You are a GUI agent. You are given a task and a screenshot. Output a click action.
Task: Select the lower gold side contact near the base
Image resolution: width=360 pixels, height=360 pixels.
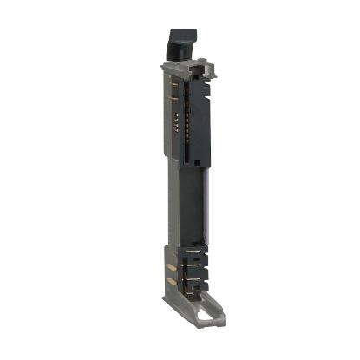click(x=170, y=281)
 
